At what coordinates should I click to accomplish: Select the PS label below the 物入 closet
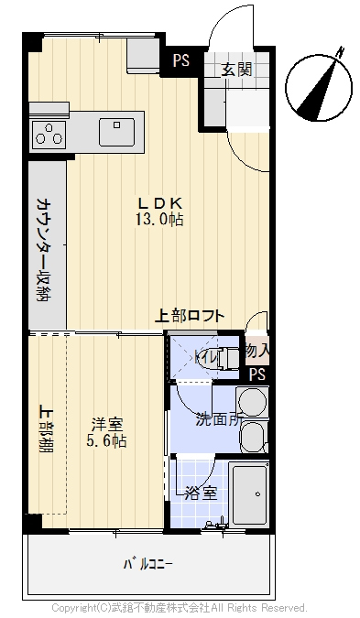pyautogui.click(x=257, y=373)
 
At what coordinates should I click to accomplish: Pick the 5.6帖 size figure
pyautogui.click(x=106, y=440)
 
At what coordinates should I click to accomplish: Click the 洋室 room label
pyautogui.click(x=106, y=424)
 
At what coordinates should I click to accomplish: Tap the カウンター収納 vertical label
pyautogui.click(x=43, y=248)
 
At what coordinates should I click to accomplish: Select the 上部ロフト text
pyautogui.click(x=191, y=316)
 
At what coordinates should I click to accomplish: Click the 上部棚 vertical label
pyautogui.click(x=43, y=428)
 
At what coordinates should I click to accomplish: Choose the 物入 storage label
pyautogui.click(x=257, y=350)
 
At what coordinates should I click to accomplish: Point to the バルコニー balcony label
pyautogui.click(x=147, y=564)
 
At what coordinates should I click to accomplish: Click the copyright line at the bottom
pyautogui.click(x=179, y=607)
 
